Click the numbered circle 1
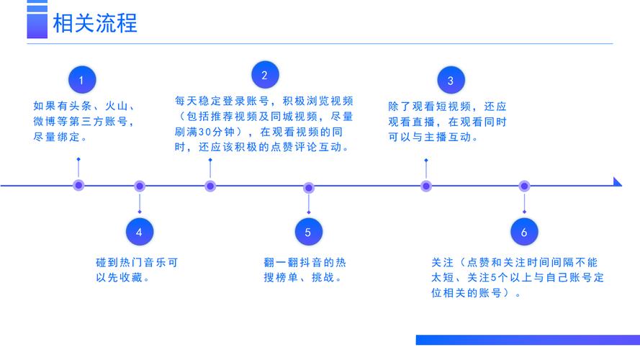pos(82,80)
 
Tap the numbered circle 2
pos(265,75)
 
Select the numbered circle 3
pos(451,81)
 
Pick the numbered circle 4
pos(140,232)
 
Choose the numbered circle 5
pos(309,232)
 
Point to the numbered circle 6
pos(524,232)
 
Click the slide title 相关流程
pos(95,23)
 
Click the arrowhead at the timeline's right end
pos(617,182)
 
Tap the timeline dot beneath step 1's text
pos(78,185)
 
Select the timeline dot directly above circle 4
pos(140,186)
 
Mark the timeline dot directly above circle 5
pos(309,188)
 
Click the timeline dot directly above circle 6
pos(524,186)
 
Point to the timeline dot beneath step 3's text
pos(426,186)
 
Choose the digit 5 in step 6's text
pos(493,277)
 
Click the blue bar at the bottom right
pos(528,340)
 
